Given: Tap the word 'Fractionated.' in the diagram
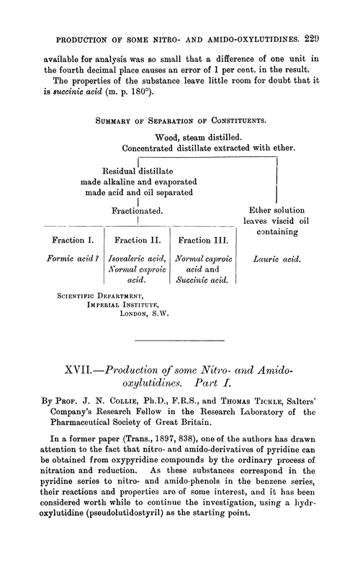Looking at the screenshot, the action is click(x=137, y=210).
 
